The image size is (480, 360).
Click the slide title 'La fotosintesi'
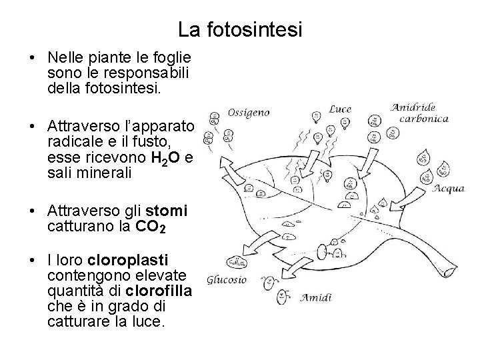240,30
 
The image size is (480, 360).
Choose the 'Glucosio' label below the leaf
227,280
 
